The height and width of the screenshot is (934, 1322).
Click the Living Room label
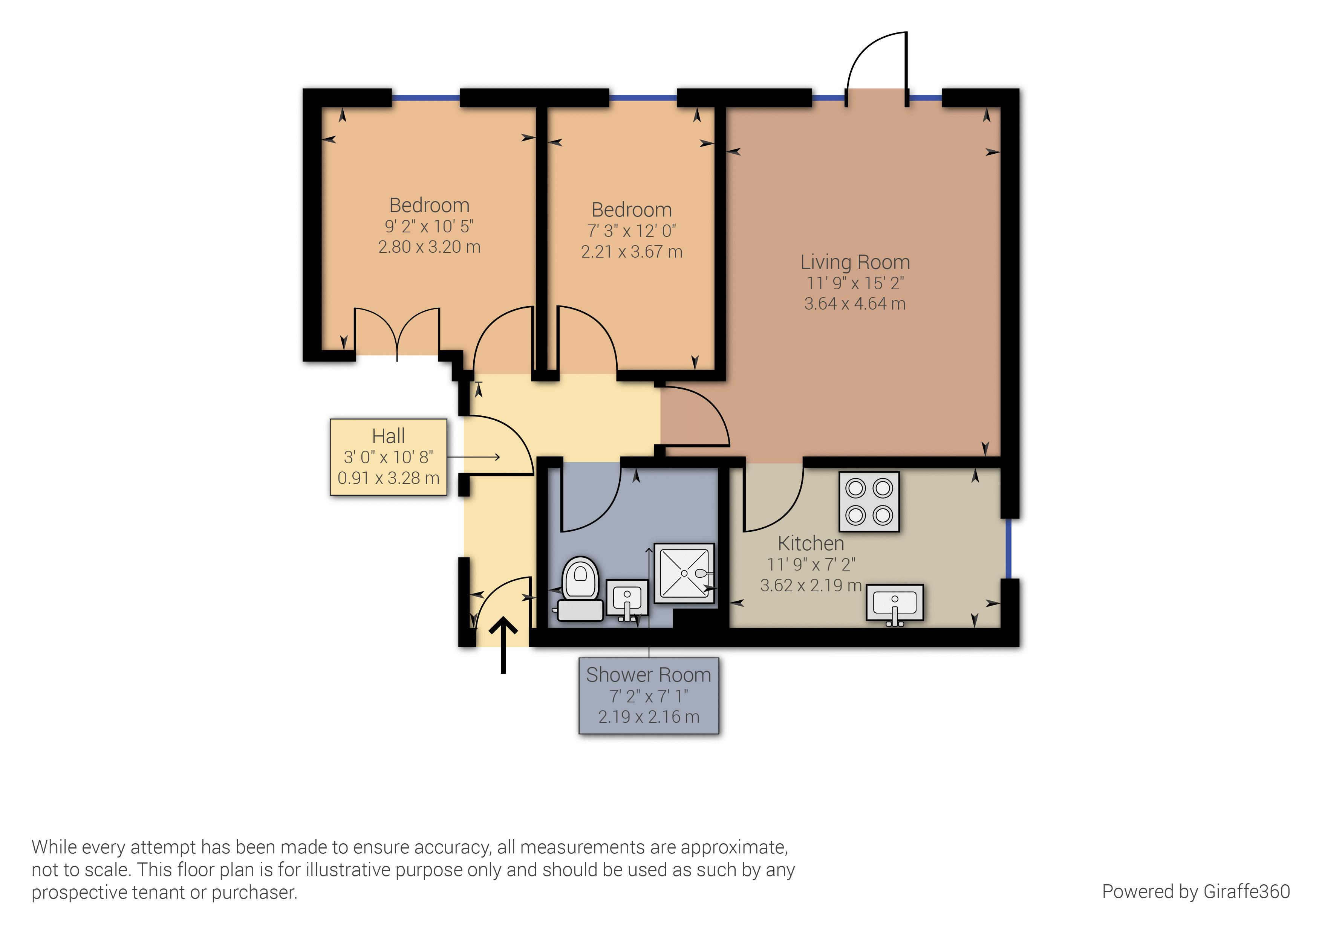[x=854, y=262]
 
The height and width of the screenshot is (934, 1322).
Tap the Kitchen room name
[x=811, y=543]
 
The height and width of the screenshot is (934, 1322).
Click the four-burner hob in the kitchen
[x=869, y=502]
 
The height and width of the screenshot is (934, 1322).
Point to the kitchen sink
[x=894, y=603]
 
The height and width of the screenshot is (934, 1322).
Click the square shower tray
[x=684, y=573]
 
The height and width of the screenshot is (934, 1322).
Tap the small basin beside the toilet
[x=627, y=598]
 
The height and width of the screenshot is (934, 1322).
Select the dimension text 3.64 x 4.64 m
[x=854, y=304]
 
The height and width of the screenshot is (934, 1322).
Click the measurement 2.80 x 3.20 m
[x=429, y=247]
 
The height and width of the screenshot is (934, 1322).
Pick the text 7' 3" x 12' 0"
[x=631, y=231]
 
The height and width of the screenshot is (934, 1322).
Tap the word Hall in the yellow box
[x=388, y=436]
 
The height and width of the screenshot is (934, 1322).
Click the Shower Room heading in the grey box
[x=648, y=675]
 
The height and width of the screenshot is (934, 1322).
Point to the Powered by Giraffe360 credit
[x=1195, y=891]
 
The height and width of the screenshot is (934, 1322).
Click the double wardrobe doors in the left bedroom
[x=397, y=333]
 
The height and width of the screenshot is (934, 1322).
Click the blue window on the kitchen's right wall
[x=1008, y=548]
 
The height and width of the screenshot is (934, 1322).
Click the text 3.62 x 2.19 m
[x=811, y=585]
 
